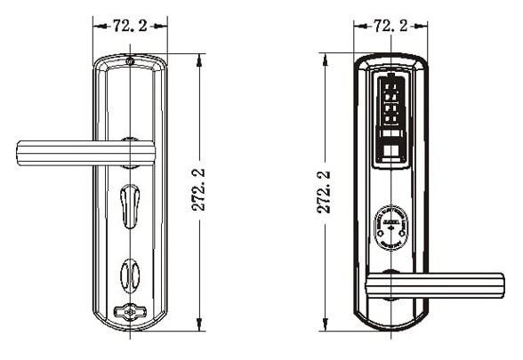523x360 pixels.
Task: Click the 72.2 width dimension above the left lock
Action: click(x=130, y=26)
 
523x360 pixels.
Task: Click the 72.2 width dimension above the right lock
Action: click(x=390, y=26)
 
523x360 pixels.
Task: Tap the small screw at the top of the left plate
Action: click(x=131, y=62)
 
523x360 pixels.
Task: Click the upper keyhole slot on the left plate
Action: click(x=131, y=204)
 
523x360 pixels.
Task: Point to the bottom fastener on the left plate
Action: click(x=131, y=312)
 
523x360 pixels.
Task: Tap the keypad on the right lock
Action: click(x=390, y=103)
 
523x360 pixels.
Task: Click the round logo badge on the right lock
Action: click(x=390, y=228)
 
